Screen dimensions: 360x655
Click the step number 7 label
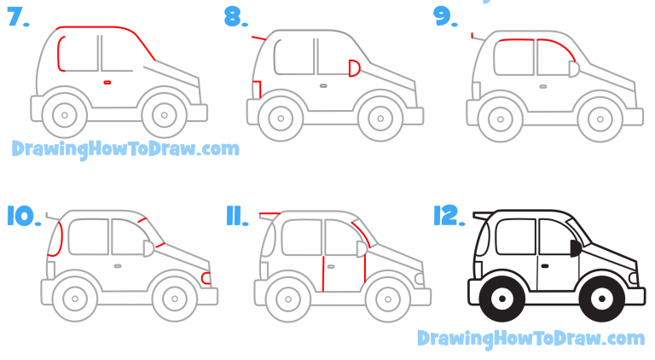coord(17,18)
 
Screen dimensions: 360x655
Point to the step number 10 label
coord(24,216)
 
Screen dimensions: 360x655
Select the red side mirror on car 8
coord(355,69)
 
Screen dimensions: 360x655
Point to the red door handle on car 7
coord(107,82)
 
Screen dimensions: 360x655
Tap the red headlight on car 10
coord(206,277)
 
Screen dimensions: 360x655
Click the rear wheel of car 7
coord(65,113)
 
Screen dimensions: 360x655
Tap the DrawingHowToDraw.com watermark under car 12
coord(530,339)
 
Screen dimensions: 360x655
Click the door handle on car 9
coord(543,85)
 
